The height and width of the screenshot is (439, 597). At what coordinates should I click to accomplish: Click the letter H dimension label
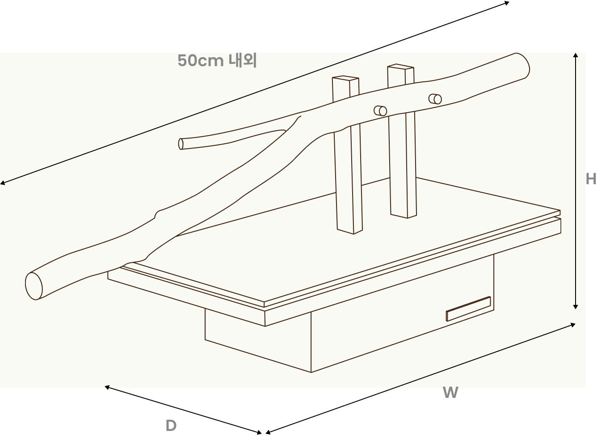pos(591,179)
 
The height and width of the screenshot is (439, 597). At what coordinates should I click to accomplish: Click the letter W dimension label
pos(450,393)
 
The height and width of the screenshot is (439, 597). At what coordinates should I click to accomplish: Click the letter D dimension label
pos(171,426)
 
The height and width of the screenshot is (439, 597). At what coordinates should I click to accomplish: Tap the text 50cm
pos(201,60)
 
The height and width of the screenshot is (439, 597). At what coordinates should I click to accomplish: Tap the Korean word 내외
pos(243,60)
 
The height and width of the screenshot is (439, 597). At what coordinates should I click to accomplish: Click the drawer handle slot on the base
pos(469,309)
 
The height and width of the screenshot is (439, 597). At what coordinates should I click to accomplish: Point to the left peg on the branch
pos(380,111)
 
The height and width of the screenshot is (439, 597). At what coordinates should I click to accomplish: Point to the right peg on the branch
pos(435,99)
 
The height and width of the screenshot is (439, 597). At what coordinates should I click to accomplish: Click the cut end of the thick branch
pos(34,286)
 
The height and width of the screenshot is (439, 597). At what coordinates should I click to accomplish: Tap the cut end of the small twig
pos(181,144)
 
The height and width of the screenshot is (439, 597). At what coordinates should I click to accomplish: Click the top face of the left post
pos(345,78)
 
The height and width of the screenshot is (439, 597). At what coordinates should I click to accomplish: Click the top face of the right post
pos(400,66)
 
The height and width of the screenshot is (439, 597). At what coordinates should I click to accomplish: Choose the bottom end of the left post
pos(350,231)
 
